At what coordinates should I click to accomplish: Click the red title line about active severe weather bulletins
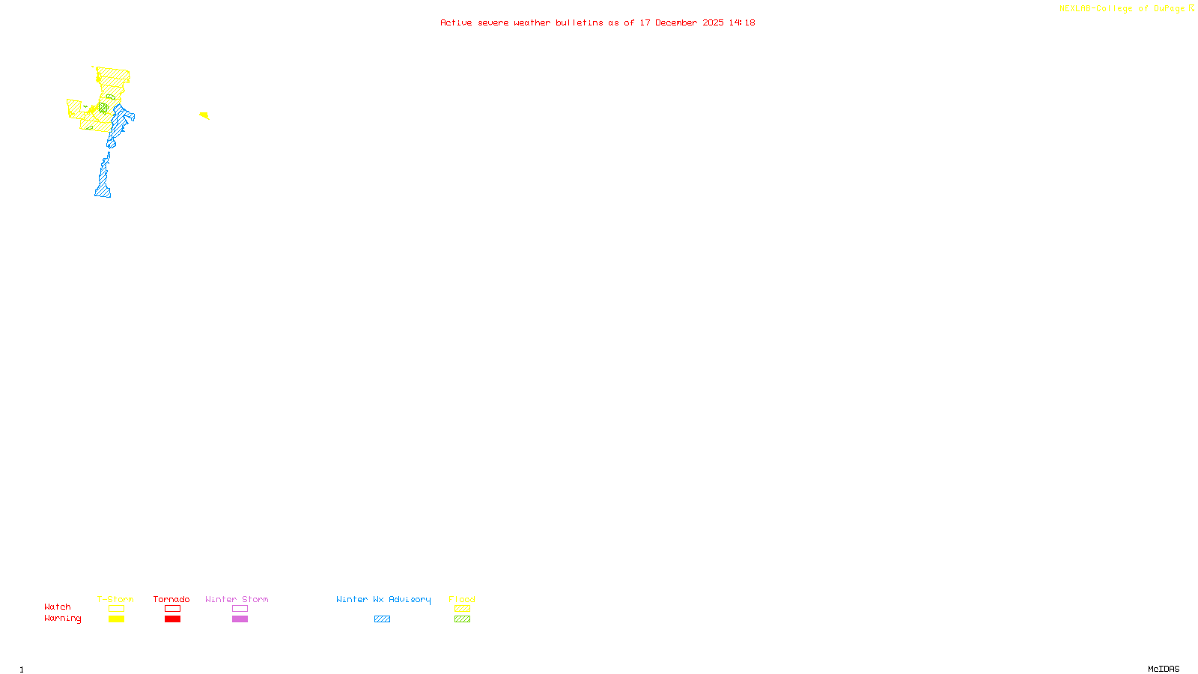point(598,22)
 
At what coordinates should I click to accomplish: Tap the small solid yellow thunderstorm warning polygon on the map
point(204,115)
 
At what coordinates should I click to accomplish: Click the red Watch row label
point(58,607)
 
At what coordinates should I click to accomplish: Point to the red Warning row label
point(62,619)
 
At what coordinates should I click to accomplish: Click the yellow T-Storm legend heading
point(115,599)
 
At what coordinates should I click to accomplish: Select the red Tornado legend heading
point(171,599)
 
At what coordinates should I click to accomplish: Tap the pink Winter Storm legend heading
point(237,599)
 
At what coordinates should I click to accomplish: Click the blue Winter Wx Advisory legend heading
point(383,599)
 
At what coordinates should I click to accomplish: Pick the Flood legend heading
point(462,599)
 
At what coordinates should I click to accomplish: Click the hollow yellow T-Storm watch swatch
point(116,609)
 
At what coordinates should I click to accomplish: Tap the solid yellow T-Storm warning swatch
point(116,619)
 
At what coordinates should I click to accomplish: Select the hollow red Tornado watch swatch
point(172,609)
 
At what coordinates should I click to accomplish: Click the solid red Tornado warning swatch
point(172,619)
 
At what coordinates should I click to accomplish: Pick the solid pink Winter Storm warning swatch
point(240,619)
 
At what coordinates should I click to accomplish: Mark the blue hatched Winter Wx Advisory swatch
point(382,619)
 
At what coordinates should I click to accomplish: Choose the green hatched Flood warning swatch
point(462,619)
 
